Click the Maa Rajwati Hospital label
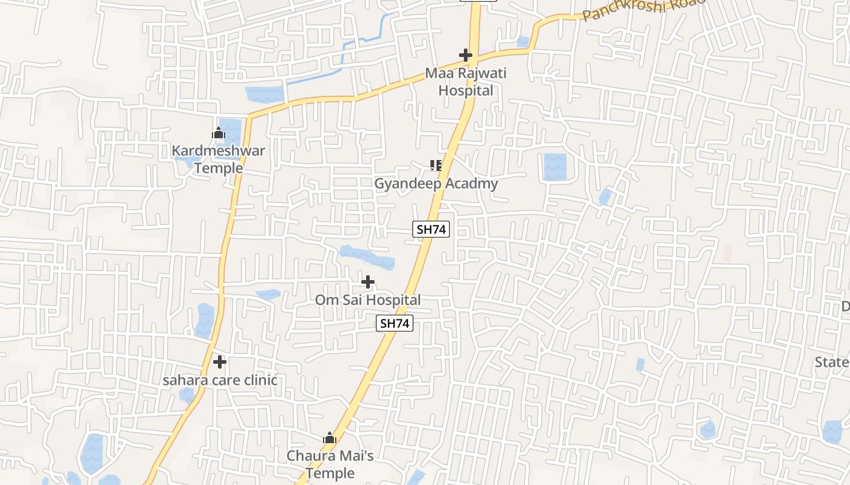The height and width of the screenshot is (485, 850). [465, 82]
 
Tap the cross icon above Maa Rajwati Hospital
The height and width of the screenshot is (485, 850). [466, 55]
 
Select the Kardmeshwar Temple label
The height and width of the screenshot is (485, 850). [218, 159]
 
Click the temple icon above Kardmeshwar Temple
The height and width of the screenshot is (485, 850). [219, 133]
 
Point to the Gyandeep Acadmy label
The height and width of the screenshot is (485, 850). [436, 183]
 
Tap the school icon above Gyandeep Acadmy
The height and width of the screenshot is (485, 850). [435, 165]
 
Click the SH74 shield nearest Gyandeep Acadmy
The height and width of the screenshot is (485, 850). [431, 229]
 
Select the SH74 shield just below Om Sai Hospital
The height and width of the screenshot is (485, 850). [395, 324]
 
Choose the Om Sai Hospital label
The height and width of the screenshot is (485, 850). [367, 299]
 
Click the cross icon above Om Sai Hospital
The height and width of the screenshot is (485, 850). [368, 282]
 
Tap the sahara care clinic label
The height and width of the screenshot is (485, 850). [220, 380]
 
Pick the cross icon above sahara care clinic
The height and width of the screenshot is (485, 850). [220, 362]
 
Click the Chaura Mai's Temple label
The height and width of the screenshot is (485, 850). [330, 464]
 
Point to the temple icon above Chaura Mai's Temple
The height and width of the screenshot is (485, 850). [330, 438]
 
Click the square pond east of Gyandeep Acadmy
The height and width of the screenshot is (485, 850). [555, 166]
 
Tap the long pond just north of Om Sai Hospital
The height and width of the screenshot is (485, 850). [367, 257]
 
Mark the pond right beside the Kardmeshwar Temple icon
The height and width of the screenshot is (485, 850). [233, 130]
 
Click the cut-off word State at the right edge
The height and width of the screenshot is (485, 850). [832, 362]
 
